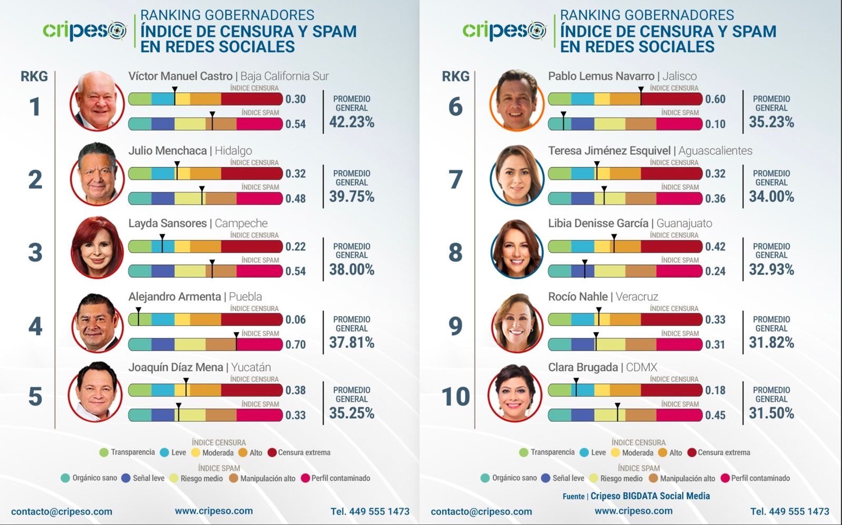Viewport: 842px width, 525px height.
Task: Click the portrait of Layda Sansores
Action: tap(97, 247)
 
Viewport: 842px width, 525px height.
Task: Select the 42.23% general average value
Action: tap(352, 122)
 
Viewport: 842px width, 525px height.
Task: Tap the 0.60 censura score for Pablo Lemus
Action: tap(715, 99)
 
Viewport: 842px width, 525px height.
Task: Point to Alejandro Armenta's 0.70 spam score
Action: tap(295, 344)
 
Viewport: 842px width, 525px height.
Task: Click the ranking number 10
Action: tap(455, 397)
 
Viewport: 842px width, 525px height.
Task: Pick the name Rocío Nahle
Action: tap(577, 296)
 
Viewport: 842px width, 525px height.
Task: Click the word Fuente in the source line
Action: tap(573, 496)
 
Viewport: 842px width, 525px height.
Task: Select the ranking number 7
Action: tap(455, 180)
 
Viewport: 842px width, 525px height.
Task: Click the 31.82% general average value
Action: tap(771, 343)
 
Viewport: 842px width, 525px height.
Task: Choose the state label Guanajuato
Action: tap(684, 223)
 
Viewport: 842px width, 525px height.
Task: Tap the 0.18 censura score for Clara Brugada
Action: tap(715, 390)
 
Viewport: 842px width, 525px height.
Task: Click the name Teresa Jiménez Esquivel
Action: tap(609, 151)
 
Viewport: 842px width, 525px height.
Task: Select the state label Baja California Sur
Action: tap(284, 76)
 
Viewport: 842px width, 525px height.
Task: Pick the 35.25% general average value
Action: tap(352, 413)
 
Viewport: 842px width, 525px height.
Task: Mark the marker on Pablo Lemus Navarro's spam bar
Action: tap(563, 122)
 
